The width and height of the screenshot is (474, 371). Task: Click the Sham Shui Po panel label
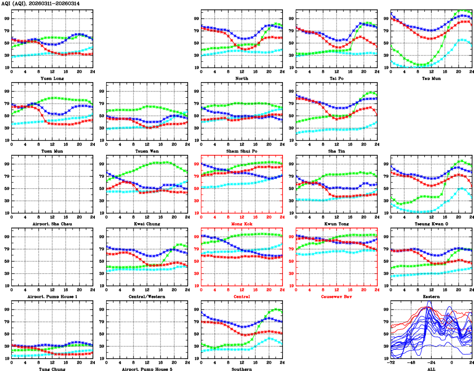click(242, 151)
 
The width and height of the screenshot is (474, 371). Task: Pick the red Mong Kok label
click(242, 224)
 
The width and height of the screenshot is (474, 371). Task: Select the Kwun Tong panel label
click(336, 224)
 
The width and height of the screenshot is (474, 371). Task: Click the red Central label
click(242, 296)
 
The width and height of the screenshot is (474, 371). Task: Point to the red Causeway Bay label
click(336, 296)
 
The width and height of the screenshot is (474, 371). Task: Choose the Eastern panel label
click(431, 296)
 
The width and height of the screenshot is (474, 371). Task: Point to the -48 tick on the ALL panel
click(412, 363)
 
